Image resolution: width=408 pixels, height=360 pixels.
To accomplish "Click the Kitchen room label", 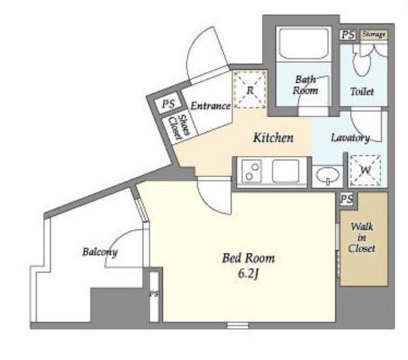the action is point(273,138).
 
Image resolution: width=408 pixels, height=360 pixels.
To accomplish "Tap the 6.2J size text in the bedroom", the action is point(248,274).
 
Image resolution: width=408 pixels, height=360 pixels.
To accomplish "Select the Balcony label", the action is point(100,252).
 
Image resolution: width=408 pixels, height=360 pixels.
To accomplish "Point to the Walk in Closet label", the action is point(361,237).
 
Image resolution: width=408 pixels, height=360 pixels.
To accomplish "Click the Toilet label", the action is point(362,92).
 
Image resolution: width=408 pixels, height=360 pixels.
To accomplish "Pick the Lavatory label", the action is point(350,138).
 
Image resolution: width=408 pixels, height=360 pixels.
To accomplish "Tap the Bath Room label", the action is point(306,85).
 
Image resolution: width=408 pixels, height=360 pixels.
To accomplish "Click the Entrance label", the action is point(210,106).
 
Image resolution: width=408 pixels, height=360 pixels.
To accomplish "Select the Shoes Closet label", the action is point(179,127).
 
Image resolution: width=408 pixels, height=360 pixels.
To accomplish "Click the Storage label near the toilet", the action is point(374,35).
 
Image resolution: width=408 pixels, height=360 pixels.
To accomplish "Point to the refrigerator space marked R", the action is point(250,90).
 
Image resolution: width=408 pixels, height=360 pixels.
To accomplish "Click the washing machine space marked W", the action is point(365,170).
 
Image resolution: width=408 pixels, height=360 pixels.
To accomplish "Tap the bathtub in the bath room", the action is point(304,44).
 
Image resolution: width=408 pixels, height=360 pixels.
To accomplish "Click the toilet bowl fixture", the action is point(361,61).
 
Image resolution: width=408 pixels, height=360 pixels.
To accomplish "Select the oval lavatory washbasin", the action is point(328,174).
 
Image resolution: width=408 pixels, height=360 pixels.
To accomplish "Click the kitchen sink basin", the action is point(285,171).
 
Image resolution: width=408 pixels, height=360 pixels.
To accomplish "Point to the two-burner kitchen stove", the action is point(252,171).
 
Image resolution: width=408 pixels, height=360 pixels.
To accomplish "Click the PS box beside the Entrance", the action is point(169,104).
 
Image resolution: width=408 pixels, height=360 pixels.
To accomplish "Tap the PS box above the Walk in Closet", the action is point(347,199).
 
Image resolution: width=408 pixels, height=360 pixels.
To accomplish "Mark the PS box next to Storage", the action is point(348,35).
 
